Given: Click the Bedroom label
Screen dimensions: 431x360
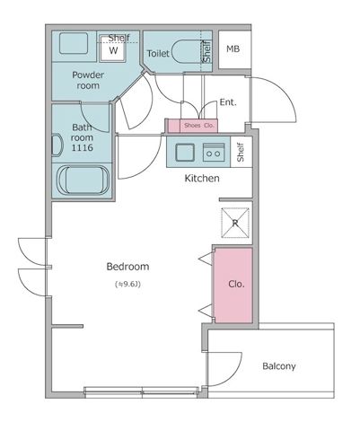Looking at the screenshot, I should (127, 267).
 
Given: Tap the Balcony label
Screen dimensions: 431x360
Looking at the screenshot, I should (279, 366).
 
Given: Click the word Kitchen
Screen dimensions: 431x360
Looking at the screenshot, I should (202, 179).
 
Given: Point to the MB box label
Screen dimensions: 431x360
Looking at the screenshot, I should (233, 49).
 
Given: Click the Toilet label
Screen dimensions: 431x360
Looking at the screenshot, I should (158, 54).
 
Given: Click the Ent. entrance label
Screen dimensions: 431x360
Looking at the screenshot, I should (228, 102).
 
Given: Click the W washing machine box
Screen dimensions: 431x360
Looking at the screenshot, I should (114, 51).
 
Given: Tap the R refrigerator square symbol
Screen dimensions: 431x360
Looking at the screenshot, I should (235, 222).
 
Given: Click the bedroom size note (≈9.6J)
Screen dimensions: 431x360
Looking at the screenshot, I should (127, 285).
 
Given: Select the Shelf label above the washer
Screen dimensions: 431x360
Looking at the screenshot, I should (119, 38).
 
